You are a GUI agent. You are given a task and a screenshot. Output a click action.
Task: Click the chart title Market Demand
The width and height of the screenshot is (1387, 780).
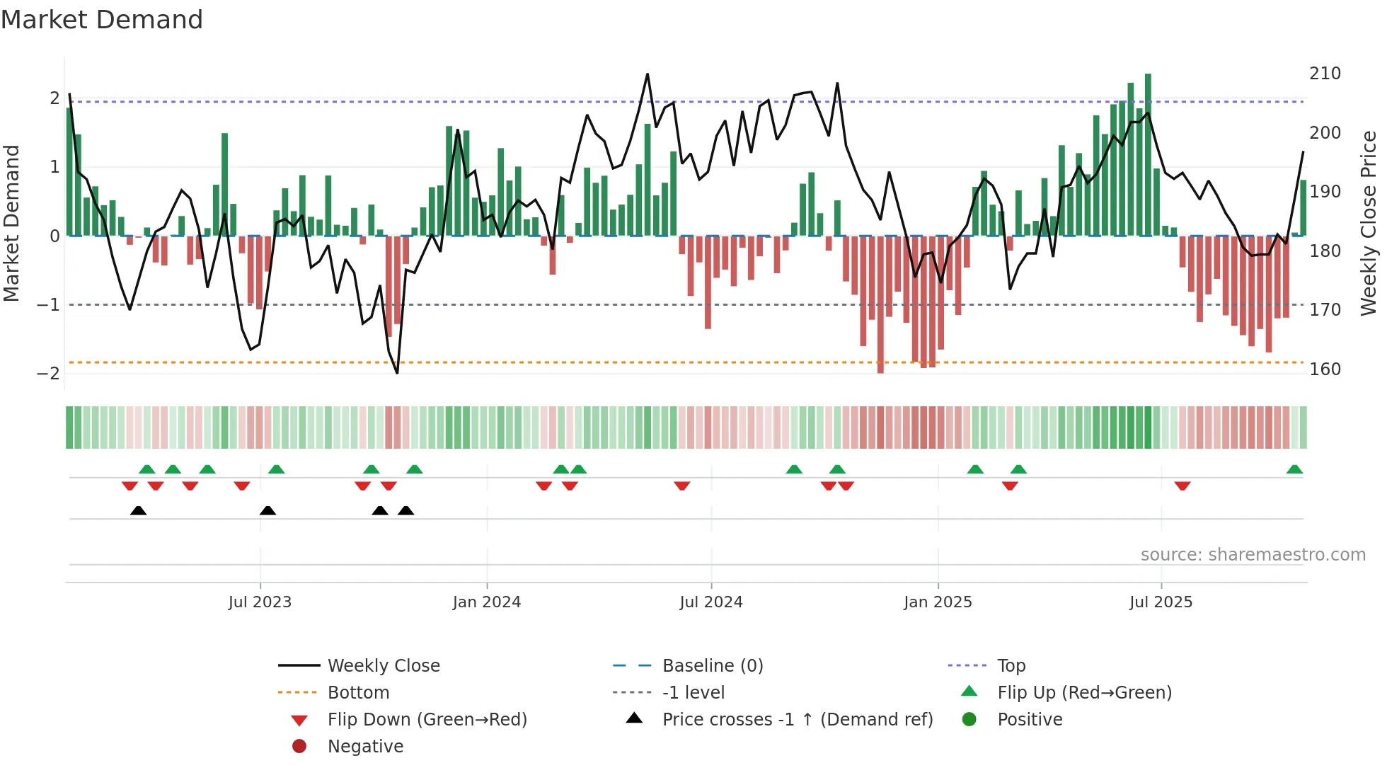tap(102, 20)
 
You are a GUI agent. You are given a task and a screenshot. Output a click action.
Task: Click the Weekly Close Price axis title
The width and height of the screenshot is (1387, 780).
tap(1369, 223)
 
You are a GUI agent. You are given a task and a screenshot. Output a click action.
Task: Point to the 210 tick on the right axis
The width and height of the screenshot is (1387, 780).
tap(1325, 74)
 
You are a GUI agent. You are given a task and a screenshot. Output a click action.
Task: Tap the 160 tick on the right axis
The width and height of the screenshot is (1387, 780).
tap(1325, 369)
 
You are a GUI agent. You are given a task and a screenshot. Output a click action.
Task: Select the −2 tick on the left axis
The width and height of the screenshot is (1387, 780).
tap(48, 373)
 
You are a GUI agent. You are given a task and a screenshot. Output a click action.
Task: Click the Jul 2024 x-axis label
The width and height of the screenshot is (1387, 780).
tap(710, 602)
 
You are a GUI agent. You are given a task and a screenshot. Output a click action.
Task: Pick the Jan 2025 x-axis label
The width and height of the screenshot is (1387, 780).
tap(938, 602)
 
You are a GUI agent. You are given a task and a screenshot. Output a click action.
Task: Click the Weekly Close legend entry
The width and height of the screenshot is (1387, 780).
tap(383, 666)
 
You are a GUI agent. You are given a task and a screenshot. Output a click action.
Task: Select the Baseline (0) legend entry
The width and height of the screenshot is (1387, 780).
tap(712, 666)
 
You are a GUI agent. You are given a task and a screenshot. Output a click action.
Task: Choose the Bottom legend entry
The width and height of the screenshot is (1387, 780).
tap(358, 693)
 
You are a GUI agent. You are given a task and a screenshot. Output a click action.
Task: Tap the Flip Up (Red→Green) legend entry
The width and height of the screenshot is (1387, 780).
tap(1084, 693)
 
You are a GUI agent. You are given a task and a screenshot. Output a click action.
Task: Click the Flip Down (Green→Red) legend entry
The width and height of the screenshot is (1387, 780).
tap(427, 720)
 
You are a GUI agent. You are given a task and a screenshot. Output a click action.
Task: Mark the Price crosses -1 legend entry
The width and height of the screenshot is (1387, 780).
tap(797, 720)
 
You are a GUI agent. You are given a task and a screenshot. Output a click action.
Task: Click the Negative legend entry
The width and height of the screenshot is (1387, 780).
tap(365, 747)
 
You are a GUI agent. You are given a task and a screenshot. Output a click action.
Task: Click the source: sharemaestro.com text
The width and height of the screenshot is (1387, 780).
tap(1253, 555)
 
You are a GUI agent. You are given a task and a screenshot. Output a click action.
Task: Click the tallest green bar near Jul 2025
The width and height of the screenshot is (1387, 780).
tap(1148, 156)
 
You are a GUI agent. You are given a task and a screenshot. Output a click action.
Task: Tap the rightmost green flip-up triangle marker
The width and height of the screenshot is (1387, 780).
tap(1294, 469)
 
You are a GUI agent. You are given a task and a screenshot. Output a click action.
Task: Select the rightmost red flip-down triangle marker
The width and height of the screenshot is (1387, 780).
tap(1182, 486)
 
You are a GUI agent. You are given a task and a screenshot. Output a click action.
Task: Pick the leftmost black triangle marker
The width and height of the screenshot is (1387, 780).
tap(138, 510)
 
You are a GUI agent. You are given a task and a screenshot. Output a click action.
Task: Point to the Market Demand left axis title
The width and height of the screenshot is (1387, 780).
tap(12, 223)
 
